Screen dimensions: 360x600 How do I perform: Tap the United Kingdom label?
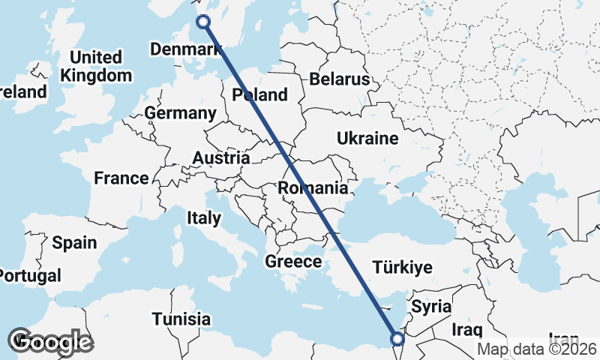(x=96, y=67)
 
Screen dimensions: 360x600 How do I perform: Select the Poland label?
(x=260, y=94)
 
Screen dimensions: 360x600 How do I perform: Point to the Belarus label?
(x=340, y=79)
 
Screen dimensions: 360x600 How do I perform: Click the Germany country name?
(x=180, y=113)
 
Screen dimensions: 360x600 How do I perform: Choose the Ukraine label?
(x=367, y=139)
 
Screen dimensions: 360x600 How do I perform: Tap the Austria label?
(x=221, y=158)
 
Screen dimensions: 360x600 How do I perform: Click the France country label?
(x=121, y=178)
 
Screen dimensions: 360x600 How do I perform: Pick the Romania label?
(x=313, y=188)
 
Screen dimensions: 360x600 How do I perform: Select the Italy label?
(x=204, y=218)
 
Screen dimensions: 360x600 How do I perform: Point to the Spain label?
(x=74, y=243)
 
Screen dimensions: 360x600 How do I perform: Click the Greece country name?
(x=293, y=262)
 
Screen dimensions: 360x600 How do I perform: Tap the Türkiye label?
(x=403, y=268)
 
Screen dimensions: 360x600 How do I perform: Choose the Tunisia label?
(x=181, y=319)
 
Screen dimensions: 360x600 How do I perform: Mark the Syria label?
(x=431, y=307)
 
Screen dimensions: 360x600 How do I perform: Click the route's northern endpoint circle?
(x=202, y=22)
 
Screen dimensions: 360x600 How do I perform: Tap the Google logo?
(x=50, y=342)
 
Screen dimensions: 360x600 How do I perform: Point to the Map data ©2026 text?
(x=538, y=349)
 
